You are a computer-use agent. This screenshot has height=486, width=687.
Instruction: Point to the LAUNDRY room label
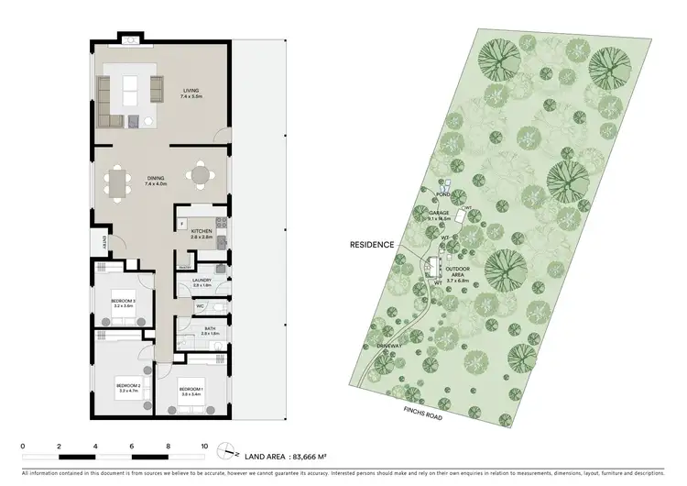202,282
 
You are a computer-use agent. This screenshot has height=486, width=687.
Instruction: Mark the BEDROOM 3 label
123,303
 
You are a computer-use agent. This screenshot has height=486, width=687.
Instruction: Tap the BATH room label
210,330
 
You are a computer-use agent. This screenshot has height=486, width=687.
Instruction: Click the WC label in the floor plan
200,306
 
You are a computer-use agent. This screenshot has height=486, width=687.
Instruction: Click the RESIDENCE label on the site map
371,246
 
